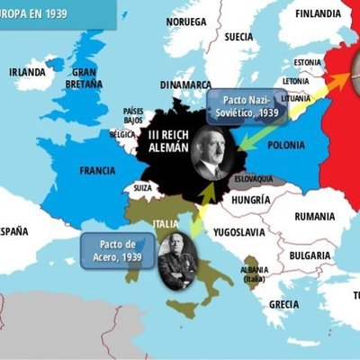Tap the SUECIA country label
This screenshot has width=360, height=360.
pos(238,37)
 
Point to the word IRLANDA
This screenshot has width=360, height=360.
pos(27,73)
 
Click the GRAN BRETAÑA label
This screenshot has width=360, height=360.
pos(85,77)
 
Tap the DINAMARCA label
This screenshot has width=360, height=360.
pos(185,85)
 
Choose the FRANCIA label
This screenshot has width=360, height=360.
pos(97,170)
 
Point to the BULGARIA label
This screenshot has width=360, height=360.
pos(309,255)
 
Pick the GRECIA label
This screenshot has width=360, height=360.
pos(283,304)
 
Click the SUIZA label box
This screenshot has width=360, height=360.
pos(143,188)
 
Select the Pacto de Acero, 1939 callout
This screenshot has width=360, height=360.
pos(118,251)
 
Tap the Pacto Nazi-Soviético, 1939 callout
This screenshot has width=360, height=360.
pos(246,104)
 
